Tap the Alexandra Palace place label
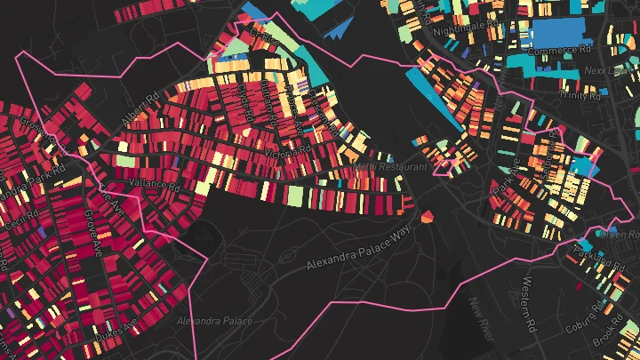214,321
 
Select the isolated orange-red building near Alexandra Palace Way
428,216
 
